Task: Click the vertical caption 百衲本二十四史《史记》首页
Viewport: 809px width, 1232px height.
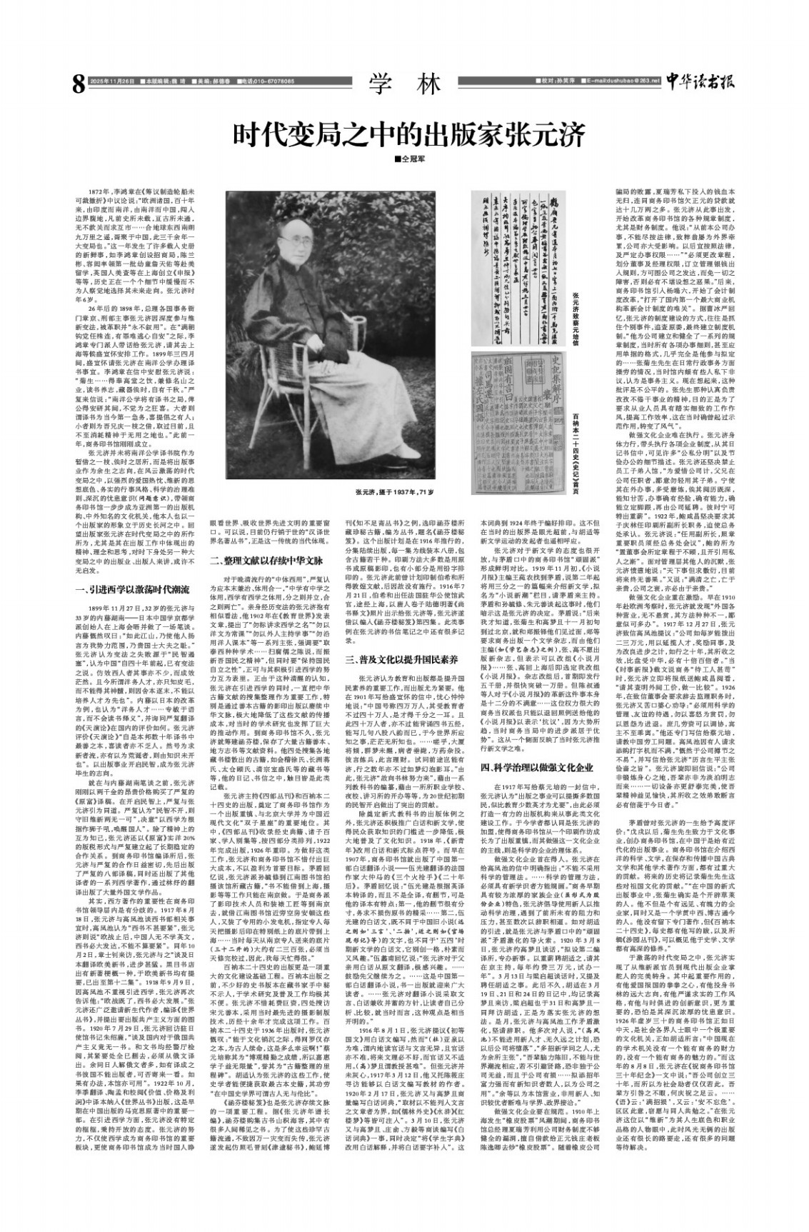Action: (576, 442)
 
